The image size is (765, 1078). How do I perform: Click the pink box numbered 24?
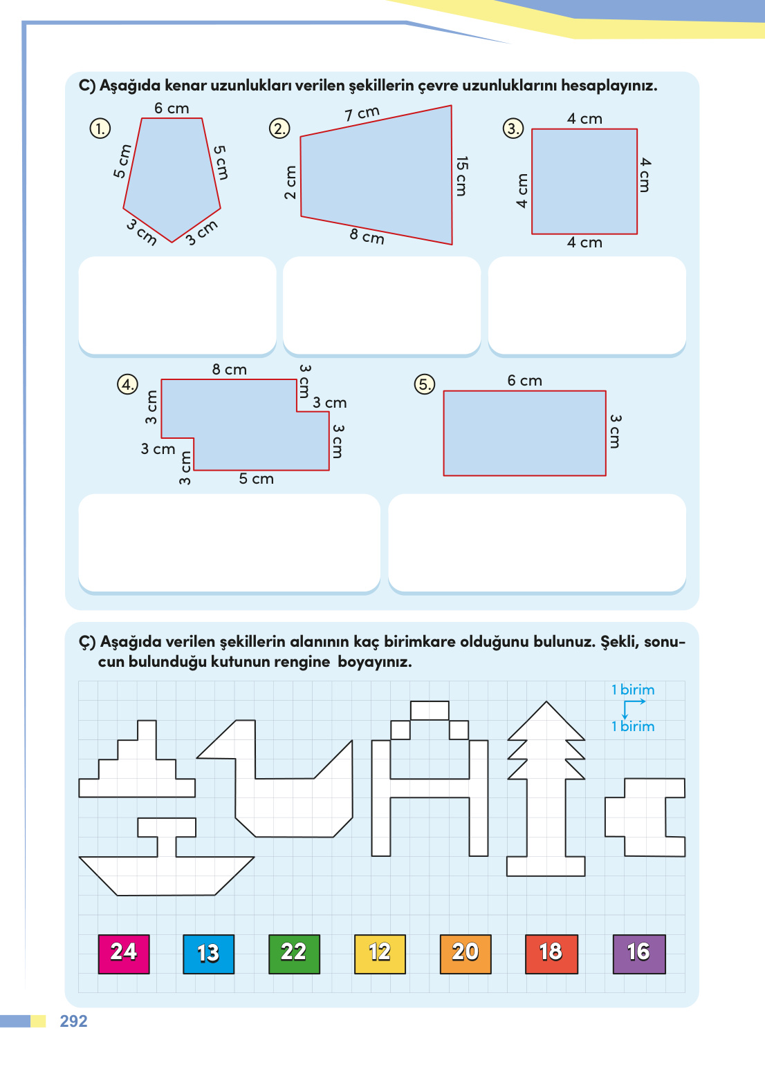(x=124, y=954)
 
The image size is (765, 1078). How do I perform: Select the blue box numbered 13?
(x=208, y=954)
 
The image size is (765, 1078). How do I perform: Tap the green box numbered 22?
(x=294, y=954)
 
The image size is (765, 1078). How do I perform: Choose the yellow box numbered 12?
(x=380, y=954)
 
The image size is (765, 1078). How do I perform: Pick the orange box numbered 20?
(x=466, y=954)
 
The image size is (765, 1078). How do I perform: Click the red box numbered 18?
(x=551, y=954)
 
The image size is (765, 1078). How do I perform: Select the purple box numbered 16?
(x=639, y=954)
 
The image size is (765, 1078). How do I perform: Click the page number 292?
(x=73, y=1021)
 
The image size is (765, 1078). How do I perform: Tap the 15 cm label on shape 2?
(x=461, y=176)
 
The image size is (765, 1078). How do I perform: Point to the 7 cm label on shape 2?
(x=362, y=113)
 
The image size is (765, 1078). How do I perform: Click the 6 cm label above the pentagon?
(x=172, y=108)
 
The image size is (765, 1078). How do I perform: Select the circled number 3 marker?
(x=513, y=129)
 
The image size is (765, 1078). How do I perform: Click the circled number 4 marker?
(x=127, y=384)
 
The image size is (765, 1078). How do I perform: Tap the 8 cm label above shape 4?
(x=229, y=370)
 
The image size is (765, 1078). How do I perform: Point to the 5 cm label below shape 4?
(x=256, y=479)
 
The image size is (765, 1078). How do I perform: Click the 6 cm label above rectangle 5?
(x=524, y=381)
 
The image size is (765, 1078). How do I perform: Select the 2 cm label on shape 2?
(x=290, y=182)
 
